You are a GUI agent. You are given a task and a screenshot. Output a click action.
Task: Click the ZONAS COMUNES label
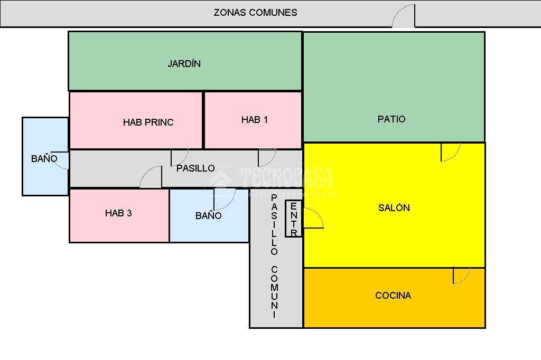coord(255,13)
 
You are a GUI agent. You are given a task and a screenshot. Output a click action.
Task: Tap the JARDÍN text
coord(184,64)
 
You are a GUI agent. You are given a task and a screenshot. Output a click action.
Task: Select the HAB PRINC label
coord(148,122)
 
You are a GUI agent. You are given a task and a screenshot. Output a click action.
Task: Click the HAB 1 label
coord(254,120)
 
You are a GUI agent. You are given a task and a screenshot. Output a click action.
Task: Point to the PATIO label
coord(391,119)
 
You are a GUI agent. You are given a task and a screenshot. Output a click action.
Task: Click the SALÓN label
coord(394,208)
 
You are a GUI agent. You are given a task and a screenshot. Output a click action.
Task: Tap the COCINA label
coord(393,296)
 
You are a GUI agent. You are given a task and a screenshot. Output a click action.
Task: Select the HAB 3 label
coord(118,213)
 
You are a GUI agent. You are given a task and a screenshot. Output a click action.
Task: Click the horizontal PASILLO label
coord(195,168)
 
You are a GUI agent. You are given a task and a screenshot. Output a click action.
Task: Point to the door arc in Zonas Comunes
coord(404,16)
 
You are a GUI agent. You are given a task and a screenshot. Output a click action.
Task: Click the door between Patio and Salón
coord(450,152)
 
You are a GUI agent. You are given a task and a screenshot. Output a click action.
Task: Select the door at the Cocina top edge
coord(461,276)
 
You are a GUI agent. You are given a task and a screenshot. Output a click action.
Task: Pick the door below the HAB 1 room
coord(266,157)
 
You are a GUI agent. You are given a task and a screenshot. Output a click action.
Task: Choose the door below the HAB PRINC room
coord(179,157)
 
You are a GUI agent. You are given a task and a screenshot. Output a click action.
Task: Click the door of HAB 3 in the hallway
coord(152,177)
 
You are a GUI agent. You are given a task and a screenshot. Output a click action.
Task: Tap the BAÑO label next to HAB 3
coord(208,216)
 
